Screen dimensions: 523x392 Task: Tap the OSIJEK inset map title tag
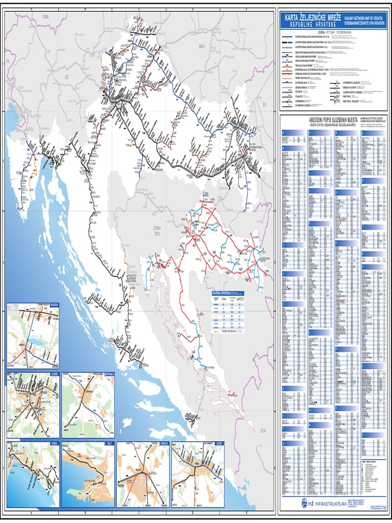(219, 444)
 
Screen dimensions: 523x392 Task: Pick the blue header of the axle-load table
(228, 293)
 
